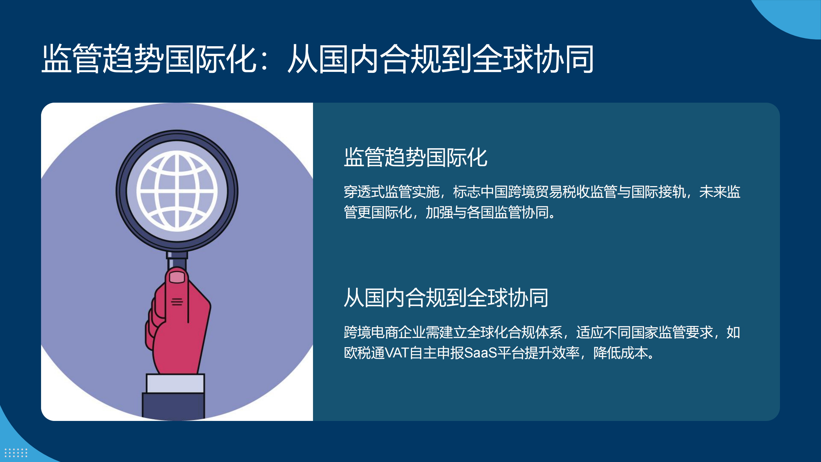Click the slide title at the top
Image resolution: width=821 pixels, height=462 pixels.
click(x=317, y=59)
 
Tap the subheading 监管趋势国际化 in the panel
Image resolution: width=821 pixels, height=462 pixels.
click(x=416, y=157)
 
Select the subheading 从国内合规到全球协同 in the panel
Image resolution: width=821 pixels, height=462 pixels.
click(x=446, y=298)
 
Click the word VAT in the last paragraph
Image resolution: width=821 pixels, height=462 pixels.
click(x=397, y=353)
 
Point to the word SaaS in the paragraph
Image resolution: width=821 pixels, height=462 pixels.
click(x=480, y=353)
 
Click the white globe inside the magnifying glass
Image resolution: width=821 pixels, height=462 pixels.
click(x=177, y=191)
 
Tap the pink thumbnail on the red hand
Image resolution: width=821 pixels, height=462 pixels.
click(x=177, y=277)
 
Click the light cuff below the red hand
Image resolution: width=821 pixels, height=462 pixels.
click(x=175, y=383)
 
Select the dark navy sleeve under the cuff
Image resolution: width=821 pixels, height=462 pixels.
click(x=173, y=406)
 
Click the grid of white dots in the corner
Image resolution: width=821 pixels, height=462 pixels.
click(x=16, y=453)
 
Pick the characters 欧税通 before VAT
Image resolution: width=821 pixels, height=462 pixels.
click(x=364, y=353)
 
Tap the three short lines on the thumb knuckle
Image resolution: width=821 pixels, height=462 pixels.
click(x=177, y=302)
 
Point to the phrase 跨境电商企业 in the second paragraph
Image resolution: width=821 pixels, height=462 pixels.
click(x=385, y=332)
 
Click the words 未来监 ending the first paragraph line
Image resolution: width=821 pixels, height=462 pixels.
click(x=720, y=192)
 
